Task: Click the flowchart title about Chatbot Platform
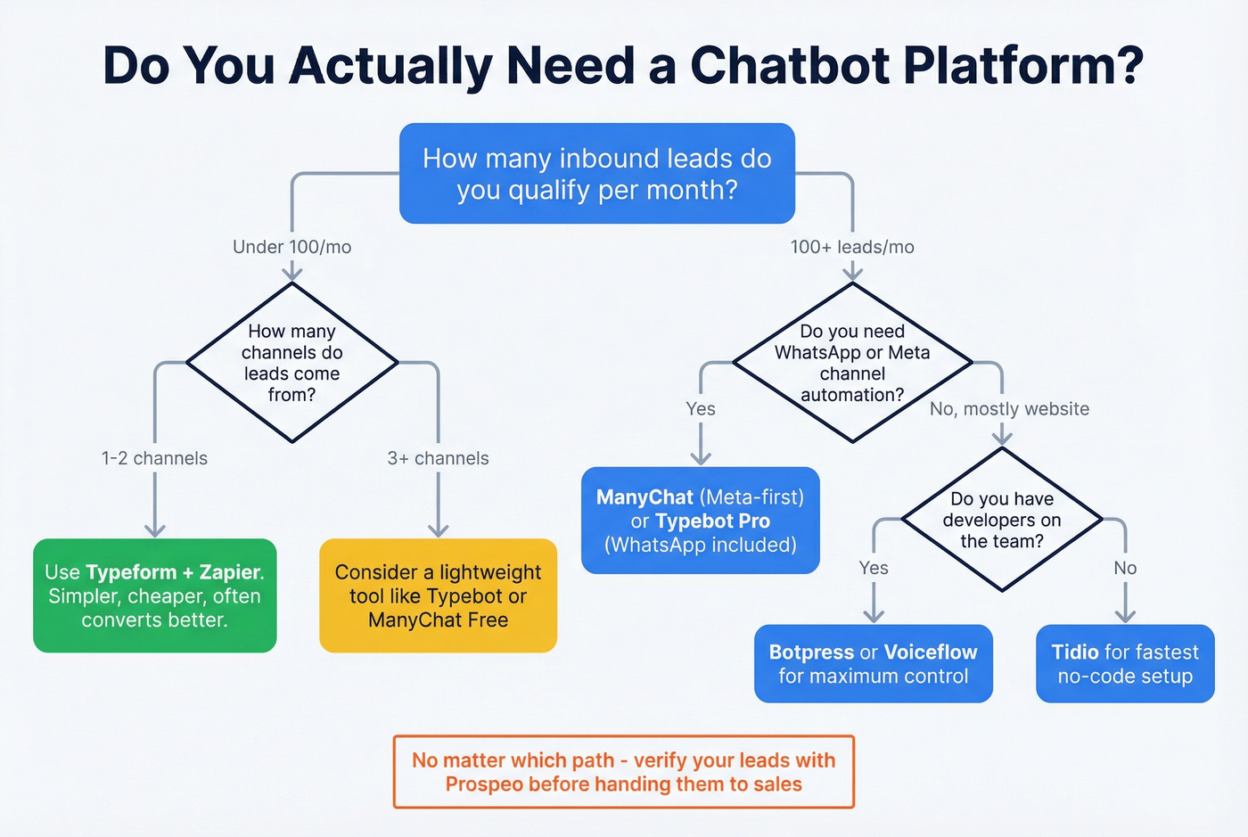[x=623, y=65]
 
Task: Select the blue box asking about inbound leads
[x=596, y=174]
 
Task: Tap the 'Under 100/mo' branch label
[x=291, y=247]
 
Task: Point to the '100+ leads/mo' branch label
[x=852, y=247]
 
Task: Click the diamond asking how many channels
[x=291, y=363]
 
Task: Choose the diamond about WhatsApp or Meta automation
[x=852, y=363]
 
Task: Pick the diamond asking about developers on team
[x=1002, y=520]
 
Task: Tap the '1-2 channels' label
[x=154, y=458]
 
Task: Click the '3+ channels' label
[x=438, y=458]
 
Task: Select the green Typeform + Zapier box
[x=154, y=595]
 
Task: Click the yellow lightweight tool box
[x=438, y=595]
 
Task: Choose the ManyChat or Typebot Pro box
[x=700, y=521]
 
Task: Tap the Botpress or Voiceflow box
[x=873, y=664]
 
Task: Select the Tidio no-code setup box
[x=1125, y=664]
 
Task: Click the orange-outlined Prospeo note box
[x=623, y=772]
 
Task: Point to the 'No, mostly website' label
[x=1009, y=409]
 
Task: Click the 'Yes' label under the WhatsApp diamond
[x=701, y=409]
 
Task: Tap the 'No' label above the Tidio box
[x=1125, y=568]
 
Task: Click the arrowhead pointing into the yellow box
[x=438, y=529]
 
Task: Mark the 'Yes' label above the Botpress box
[x=874, y=568]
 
